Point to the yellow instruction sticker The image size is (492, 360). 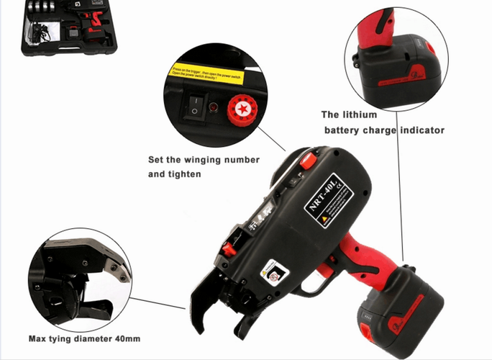tap(209, 74)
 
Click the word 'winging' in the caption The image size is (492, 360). tap(216, 160)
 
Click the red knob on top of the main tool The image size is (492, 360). tap(308, 161)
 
